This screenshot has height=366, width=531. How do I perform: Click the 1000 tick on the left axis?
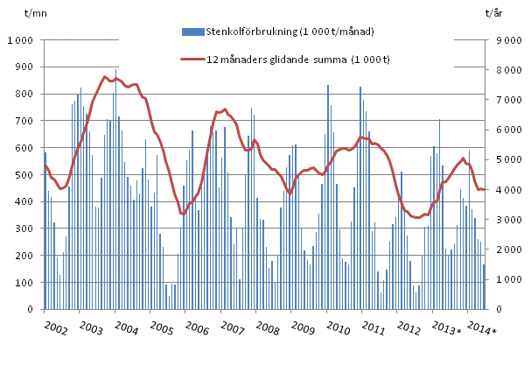click(x=20, y=40)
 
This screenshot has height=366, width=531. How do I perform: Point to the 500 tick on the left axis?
click(x=23, y=175)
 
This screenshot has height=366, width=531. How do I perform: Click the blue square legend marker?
click(x=186, y=32)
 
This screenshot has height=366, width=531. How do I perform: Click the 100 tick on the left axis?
click(x=23, y=283)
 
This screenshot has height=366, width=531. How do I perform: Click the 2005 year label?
click(x=160, y=330)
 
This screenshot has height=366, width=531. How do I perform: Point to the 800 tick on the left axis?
click(x=23, y=95)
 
